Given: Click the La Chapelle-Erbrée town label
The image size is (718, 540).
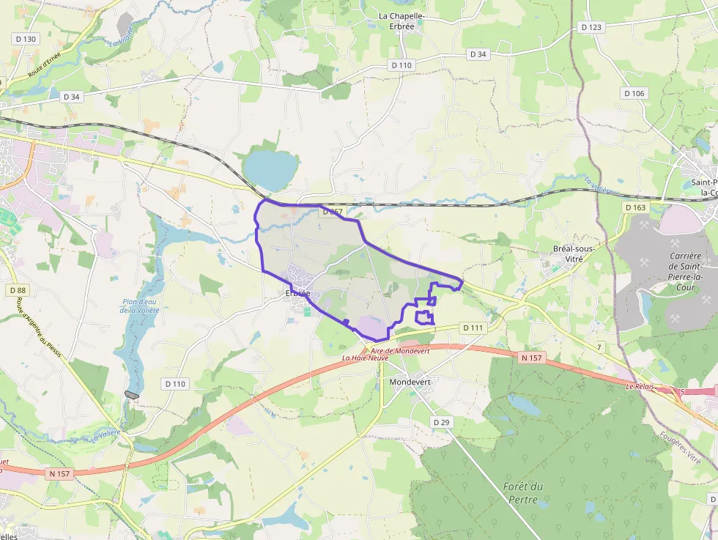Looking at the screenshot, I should click(402, 21).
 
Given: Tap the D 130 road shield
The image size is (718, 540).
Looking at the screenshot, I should click(25, 39).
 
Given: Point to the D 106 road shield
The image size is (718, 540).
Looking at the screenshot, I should click(634, 93).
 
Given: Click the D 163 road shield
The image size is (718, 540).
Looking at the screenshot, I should click(636, 207).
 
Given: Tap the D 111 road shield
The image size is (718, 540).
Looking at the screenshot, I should click(473, 328).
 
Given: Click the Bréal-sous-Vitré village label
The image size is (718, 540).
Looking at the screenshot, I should click(573, 254).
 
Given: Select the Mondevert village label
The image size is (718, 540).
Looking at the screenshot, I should click(410, 382).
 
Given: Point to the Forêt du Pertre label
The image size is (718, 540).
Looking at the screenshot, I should click(523, 493).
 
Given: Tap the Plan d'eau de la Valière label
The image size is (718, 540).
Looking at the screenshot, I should click(140, 306).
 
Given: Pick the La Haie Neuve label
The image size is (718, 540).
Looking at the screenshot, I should click(365, 358).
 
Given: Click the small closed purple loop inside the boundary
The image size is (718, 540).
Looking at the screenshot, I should click(424, 317).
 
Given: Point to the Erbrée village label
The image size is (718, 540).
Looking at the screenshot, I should click(297, 293).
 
